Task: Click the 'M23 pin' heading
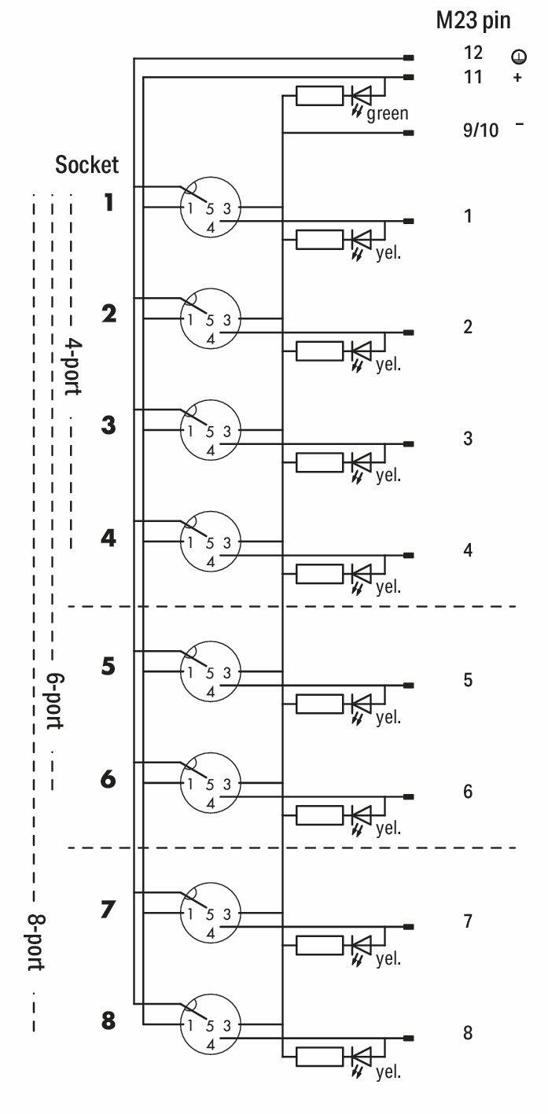point(473,21)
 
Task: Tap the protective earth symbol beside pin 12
point(519,56)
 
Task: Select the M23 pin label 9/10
point(480,130)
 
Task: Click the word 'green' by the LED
point(388,114)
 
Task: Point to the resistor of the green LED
point(319,95)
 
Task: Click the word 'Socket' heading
point(86,164)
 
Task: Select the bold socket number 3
point(108,425)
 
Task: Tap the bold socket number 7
point(108,910)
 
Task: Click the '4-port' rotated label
point(72,366)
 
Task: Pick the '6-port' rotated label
point(55,702)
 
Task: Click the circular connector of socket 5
point(211,671)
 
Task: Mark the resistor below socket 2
point(319,351)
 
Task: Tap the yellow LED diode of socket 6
point(362,815)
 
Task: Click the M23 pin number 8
point(468,1033)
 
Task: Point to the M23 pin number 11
point(473,76)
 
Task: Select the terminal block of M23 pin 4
point(408,555)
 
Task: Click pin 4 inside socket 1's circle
point(211,228)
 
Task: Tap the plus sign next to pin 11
point(517,77)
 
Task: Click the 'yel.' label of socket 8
point(388,1072)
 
